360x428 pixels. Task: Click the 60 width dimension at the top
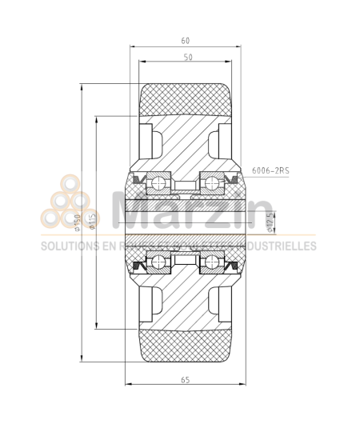[x=186, y=40]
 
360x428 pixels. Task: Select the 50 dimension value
[x=187, y=58]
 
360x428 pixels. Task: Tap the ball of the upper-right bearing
[x=212, y=185]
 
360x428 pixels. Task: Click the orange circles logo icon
[x=66, y=206]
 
